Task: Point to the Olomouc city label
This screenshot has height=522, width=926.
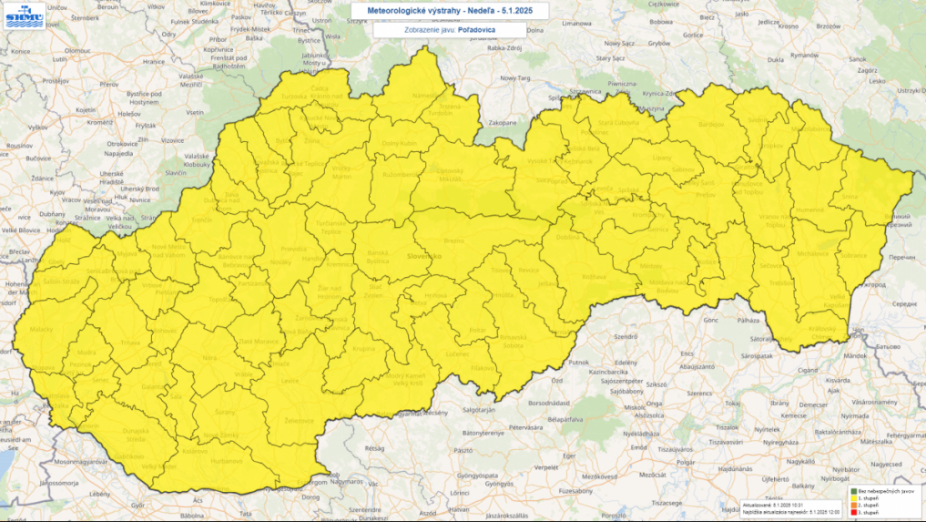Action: [x=77, y=51]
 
